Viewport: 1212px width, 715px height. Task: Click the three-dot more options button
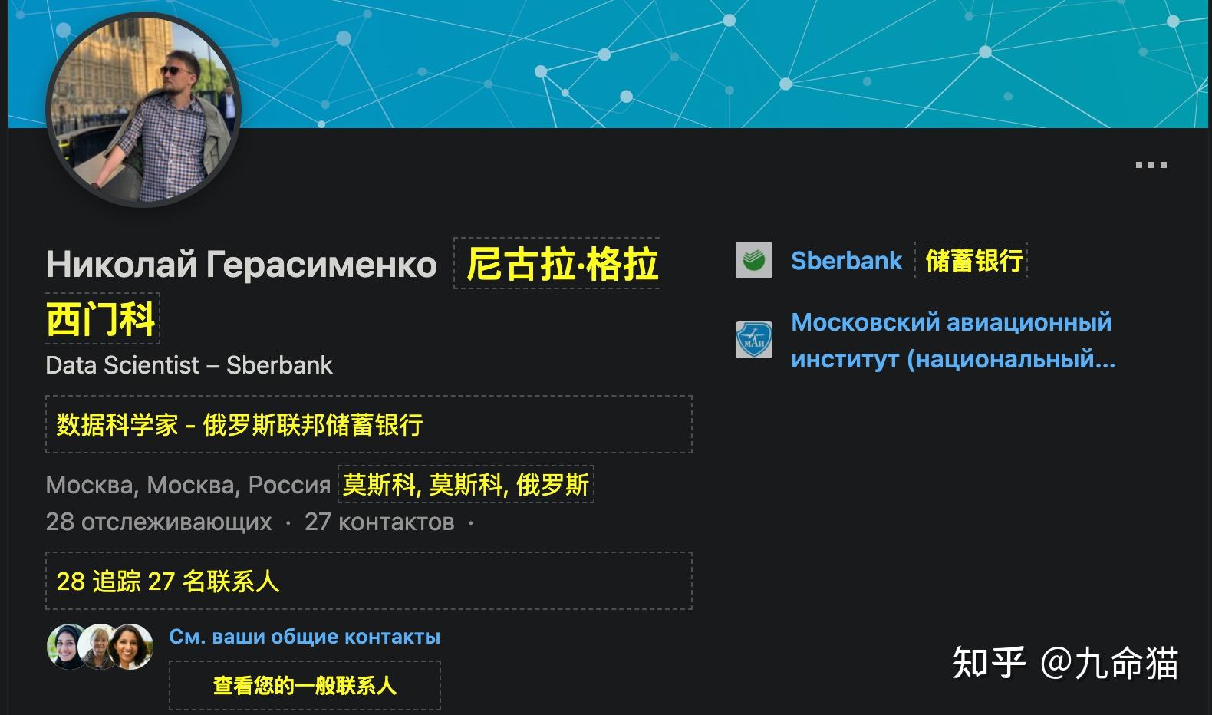[x=1151, y=164]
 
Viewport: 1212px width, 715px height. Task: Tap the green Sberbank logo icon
[x=754, y=260]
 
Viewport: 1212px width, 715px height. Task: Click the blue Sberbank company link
[x=846, y=261]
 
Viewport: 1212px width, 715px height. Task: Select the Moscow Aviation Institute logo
[x=754, y=340]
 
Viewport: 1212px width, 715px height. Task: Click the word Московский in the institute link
[x=866, y=322]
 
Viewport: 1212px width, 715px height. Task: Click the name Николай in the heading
[x=121, y=265]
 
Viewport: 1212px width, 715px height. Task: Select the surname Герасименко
[x=321, y=265]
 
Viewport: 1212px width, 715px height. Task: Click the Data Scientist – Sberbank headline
[x=189, y=365]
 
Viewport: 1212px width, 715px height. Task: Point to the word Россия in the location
[x=289, y=485]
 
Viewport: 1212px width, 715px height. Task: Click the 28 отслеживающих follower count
[x=159, y=522]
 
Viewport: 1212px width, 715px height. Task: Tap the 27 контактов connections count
[x=379, y=522]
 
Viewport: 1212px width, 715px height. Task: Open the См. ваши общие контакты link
[x=305, y=637]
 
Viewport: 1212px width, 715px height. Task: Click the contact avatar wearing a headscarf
[x=66, y=647]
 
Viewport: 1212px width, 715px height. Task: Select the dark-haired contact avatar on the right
[x=130, y=647]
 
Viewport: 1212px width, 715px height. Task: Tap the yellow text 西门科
[x=101, y=319]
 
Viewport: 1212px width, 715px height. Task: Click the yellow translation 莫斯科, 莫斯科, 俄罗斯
[x=466, y=484]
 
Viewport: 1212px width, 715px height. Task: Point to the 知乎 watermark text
[x=989, y=663]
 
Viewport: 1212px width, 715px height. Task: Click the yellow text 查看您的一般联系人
[x=305, y=686]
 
